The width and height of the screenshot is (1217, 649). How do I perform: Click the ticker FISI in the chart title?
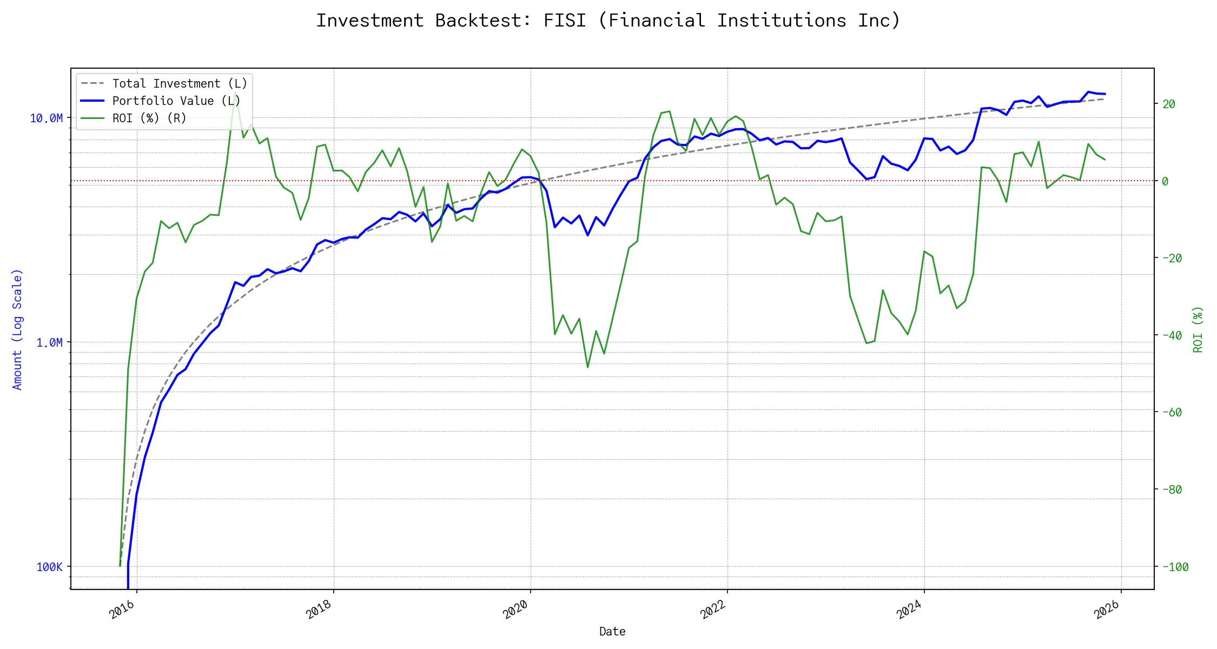[564, 21]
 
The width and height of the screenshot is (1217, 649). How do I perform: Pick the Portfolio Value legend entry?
[176, 101]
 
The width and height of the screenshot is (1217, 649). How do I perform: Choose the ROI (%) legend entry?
[149, 118]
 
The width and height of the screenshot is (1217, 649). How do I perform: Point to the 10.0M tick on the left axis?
[46, 118]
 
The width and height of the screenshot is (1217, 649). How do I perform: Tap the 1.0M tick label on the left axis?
[49, 342]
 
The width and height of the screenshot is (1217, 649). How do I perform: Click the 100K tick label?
[49, 567]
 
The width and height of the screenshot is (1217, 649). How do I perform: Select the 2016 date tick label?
[122, 610]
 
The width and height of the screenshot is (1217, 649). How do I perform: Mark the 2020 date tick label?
[515, 610]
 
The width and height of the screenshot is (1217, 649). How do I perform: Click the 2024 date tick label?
[909, 610]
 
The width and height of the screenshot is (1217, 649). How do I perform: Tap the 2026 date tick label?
[1107, 610]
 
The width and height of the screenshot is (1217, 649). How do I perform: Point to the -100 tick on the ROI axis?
[1175, 567]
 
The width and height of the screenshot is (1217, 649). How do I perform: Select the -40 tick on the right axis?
[1172, 335]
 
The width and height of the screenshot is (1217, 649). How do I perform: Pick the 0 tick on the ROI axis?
[1165, 181]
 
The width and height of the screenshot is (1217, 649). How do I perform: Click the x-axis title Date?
[612, 631]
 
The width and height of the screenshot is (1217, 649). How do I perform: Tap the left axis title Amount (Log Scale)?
[17, 329]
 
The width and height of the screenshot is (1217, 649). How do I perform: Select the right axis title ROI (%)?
[1198, 329]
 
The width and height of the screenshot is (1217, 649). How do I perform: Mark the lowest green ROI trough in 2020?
[587, 367]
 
